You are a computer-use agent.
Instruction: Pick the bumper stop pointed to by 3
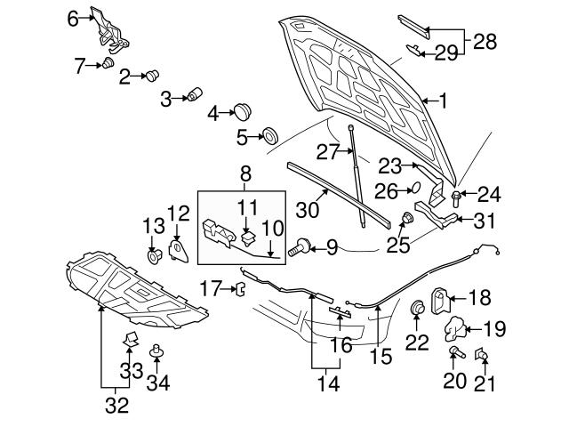193,96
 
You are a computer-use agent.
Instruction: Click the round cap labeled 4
241,111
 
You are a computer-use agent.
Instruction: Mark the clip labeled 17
239,287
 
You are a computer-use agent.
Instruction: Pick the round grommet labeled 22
416,309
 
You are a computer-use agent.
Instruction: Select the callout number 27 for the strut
329,152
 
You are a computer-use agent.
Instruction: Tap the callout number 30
307,210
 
